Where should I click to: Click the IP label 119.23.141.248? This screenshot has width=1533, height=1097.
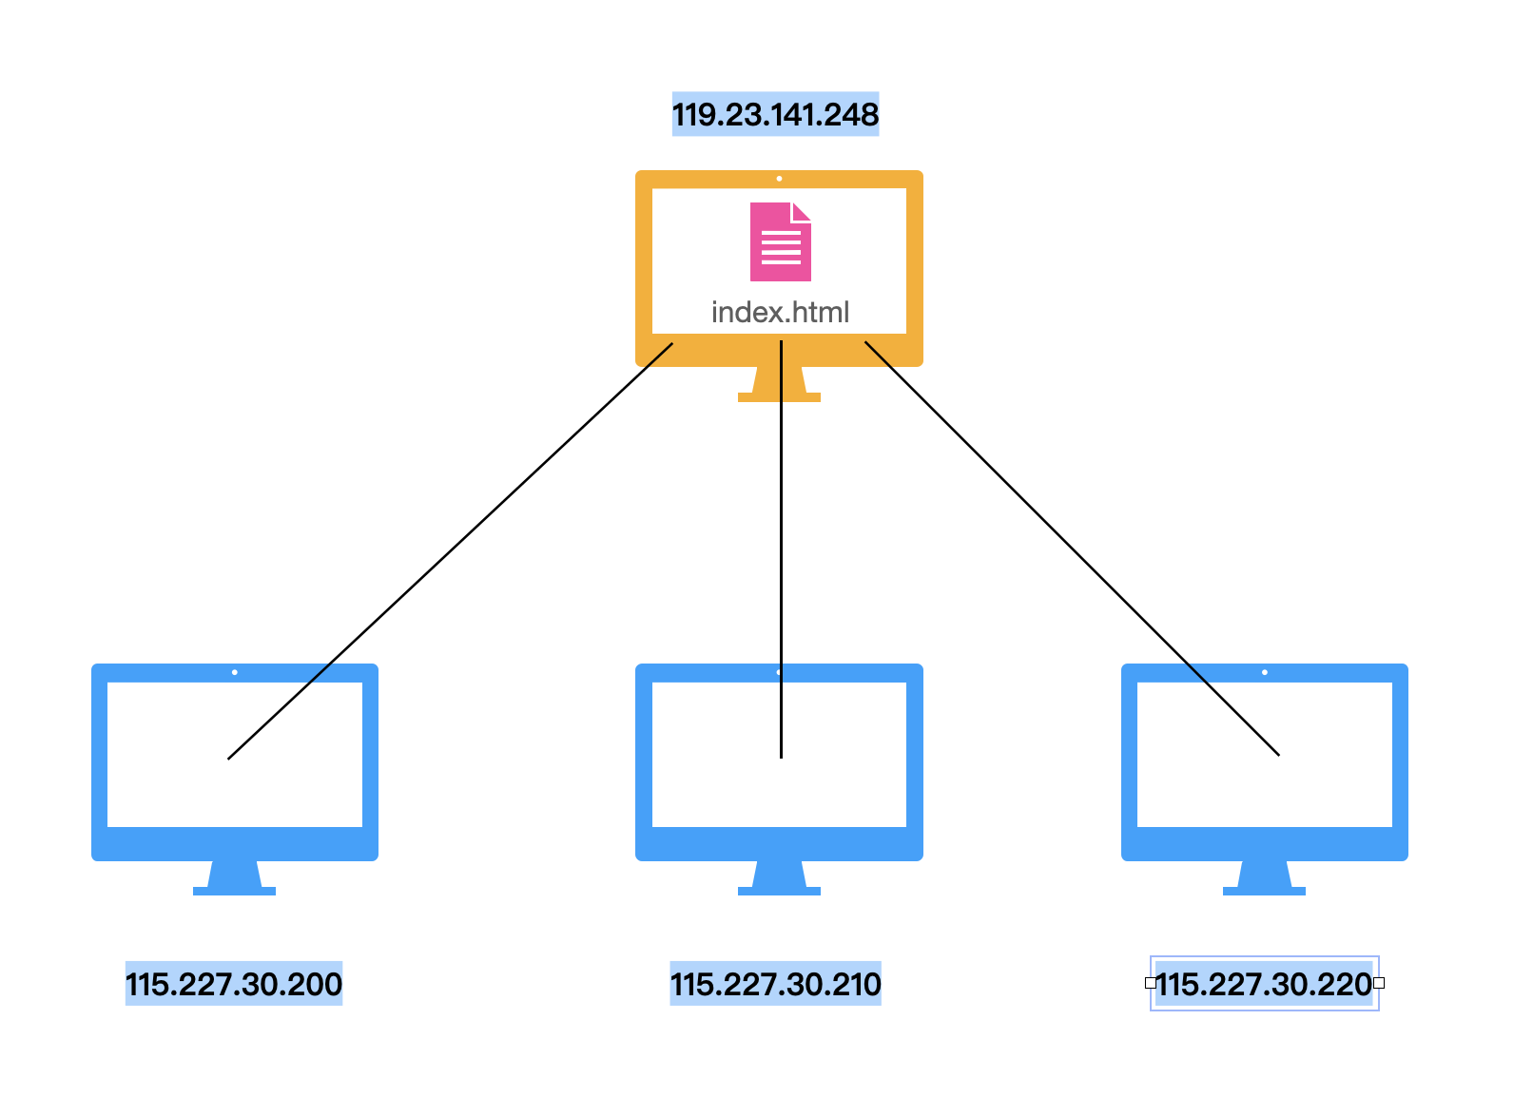[x=775, y=114]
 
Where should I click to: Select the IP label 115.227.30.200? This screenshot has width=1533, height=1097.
[x=233, y=984]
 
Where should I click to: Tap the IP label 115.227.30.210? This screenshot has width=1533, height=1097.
[x=775, y=984]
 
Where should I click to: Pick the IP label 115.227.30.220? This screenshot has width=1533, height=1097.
[x=1263, y=984]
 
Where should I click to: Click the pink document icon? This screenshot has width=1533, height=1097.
[x=780, y=241]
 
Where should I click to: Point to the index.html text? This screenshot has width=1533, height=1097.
[x=780, y=313]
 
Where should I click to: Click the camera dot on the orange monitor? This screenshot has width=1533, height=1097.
[x=780, y=179]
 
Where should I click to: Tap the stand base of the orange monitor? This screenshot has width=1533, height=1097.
[x=779, y=397]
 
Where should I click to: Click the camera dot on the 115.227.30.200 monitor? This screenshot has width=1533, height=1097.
[x=235, y=672]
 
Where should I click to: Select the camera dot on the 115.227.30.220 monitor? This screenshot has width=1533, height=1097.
[x=1265, y=672]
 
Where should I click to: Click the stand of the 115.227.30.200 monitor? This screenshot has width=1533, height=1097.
[x=234, y=878]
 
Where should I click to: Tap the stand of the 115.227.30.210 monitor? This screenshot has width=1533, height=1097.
[x=779, y=878]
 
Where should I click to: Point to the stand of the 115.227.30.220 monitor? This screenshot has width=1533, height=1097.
[x=1264, y=878]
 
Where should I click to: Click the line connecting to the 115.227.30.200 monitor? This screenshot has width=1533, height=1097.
[x=451, y=551]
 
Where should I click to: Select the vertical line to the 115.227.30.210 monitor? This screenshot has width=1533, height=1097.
[x=781, y=549]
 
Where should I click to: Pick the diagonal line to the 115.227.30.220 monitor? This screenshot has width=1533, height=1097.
[x=1072, y=548]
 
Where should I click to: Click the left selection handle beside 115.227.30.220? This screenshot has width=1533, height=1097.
[x=1151, y=984]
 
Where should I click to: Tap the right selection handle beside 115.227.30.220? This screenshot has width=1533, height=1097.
[x=1379, y=984]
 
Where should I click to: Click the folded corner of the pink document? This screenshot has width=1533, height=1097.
[x=802, y=212]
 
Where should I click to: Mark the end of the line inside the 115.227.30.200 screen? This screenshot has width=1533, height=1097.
[x=228, y=759]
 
